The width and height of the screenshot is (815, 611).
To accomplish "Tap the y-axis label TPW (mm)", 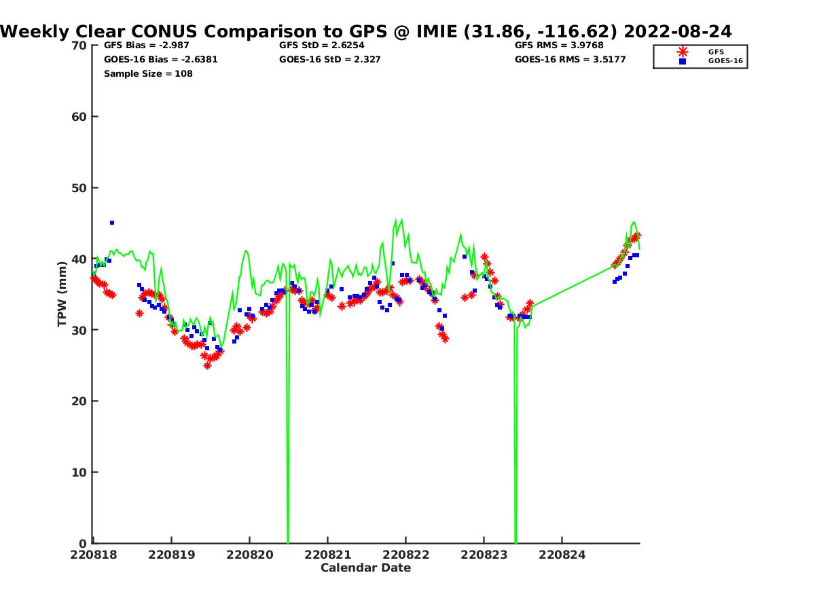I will (62, 294).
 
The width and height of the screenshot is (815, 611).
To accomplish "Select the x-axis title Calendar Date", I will (365, 568).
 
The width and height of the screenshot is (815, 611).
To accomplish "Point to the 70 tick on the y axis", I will (79, 45).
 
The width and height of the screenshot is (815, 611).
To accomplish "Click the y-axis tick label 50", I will (79, 188).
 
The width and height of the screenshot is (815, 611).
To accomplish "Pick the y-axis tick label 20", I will (79, 401).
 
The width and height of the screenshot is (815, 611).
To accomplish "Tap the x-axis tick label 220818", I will (93, 555).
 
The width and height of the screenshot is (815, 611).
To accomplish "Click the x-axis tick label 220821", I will (327, 555).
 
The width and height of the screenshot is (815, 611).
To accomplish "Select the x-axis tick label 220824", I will (562, 555).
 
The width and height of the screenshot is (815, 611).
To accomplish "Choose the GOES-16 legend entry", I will (725, 61).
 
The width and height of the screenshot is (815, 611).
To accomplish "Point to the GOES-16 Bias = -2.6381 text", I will (160, 60).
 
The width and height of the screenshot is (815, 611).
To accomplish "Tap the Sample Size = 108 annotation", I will (148, 74).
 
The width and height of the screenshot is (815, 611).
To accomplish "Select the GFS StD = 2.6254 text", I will (322, 45).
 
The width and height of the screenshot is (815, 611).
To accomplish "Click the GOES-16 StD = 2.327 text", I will (329, 60).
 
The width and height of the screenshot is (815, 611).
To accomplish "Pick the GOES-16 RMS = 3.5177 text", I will (570, 60).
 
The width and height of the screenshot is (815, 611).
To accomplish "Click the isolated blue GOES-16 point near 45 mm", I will (112, 223).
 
